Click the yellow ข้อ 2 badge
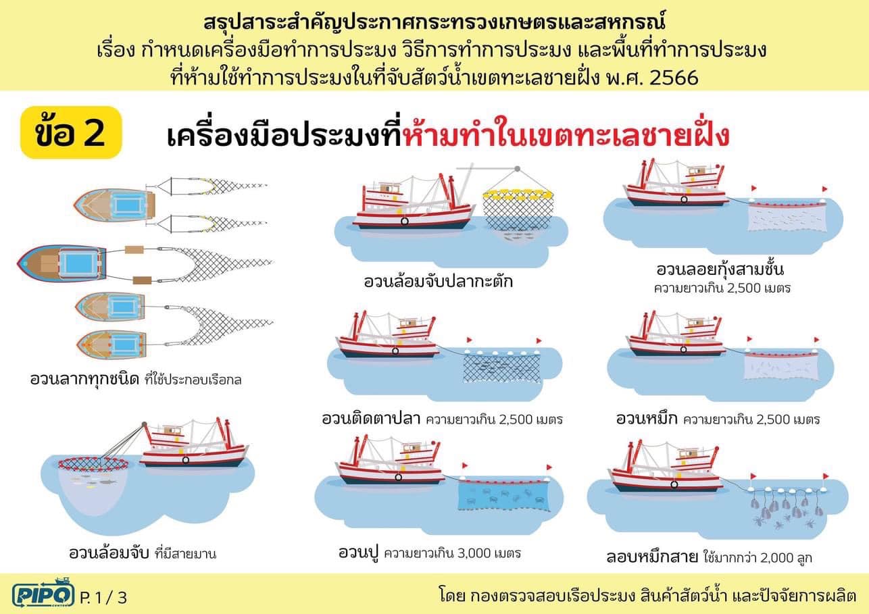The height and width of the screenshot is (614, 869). [71, 132]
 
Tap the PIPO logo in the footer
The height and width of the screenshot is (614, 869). [43, 593]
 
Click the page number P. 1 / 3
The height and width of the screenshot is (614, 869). [103, 598]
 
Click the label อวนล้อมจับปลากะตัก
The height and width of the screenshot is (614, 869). [439, 281]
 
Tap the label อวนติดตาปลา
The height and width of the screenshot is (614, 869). [371, 419]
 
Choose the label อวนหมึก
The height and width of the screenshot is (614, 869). [647, 419]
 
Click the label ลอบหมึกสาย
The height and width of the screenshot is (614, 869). [652, 557]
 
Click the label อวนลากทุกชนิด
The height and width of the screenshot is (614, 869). [84, 380]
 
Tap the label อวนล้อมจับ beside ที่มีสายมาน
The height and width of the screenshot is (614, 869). [109, 553]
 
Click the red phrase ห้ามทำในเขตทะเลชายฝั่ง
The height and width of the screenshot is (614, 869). [566, 135]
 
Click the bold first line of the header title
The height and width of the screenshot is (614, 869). [434, 22]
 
